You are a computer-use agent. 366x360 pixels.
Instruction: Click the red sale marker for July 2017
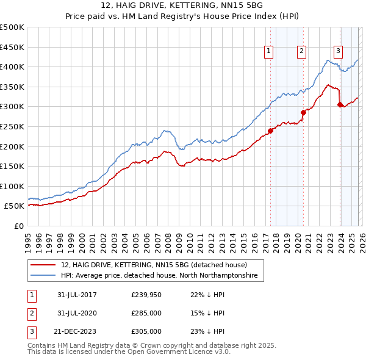[270, 130]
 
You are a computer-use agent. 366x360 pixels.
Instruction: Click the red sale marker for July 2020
[303, 112]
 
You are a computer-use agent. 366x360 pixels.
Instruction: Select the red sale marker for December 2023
[340, 104]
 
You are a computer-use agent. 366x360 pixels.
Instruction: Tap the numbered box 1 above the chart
[269, 51]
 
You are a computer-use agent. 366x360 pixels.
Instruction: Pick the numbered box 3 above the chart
[338, 51]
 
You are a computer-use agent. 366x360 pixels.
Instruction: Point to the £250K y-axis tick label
[12, 126]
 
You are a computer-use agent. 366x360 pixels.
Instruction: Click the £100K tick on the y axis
[12, 186]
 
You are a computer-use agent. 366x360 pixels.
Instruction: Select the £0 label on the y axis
[19, 226]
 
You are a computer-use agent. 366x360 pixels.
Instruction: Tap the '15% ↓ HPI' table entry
[207, 313]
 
